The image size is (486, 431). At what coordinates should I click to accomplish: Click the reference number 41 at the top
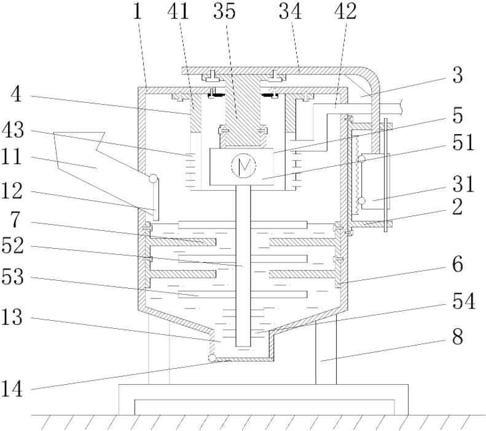pyautogui.click(x=178, y=11)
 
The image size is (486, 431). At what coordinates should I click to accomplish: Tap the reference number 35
pyautogui.click(x=224, y=11)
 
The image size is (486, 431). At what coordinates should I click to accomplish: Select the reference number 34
pyautogui.click(x=290, y=11)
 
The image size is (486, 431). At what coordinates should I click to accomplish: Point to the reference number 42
pyautogui.click(x=345, y=11)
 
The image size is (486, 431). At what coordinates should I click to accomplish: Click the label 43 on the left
pyautogui.click(x=12, y=130)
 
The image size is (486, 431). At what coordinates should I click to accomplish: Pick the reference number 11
pyautogui.click(x=12, y=156)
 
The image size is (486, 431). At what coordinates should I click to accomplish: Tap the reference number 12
pyautogui.click(x=12, y=191)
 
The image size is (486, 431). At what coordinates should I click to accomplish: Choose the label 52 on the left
pyautogui.click(x=12, y=246)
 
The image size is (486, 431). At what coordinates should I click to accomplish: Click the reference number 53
pyautogui.click(x=12, y=276)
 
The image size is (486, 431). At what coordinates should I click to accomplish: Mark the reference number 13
pyautogui.click(x=12, y=317)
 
